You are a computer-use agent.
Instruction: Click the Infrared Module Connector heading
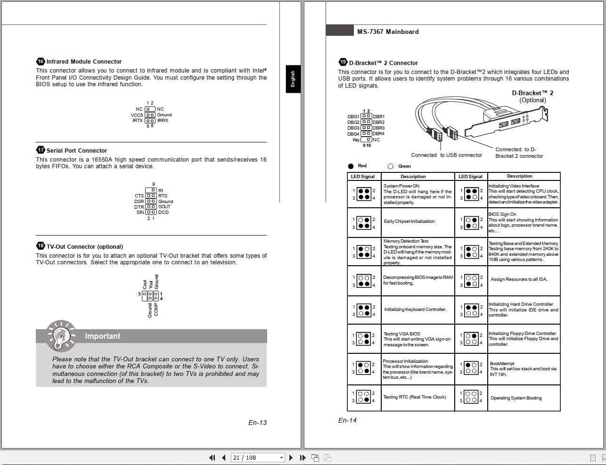coord(84,62)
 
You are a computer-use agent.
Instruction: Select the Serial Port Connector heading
coord(76,150)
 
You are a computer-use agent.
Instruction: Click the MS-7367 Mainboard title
coord(387,32)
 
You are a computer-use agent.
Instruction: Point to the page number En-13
coord(257,423)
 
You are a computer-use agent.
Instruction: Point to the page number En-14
coord(347,420)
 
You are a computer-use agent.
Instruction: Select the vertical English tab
coord(293,79)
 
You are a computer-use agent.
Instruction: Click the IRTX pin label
coord(138,121)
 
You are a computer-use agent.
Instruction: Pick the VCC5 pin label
coord(137,115)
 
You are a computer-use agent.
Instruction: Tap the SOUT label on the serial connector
coord(164,207)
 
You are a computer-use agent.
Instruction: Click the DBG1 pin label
coord(353,116)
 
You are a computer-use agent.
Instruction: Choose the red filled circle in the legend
coord(351,166)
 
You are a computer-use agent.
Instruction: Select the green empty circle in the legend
coord(390,166)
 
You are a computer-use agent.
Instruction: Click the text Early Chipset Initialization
coord(409,221)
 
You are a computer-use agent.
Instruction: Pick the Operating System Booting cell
coord(516,398)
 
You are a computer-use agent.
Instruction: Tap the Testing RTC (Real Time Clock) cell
coord(414,397)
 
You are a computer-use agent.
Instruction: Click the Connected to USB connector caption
coord(446,155)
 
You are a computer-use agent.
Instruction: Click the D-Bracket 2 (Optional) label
coord(532,97)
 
